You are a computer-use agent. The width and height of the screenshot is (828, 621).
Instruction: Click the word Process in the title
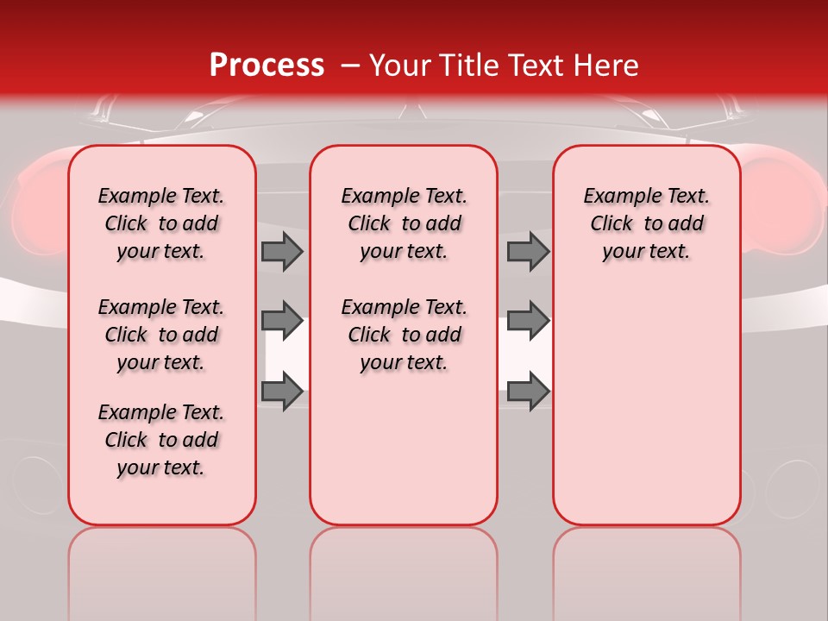(267, 66)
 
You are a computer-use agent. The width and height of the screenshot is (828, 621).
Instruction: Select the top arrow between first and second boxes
(282, 252)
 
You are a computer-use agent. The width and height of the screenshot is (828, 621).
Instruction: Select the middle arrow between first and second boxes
(282, 321)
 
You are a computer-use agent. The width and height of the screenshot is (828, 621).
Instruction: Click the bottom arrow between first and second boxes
(282, 391)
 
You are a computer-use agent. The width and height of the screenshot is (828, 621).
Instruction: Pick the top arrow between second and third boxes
(528, 252)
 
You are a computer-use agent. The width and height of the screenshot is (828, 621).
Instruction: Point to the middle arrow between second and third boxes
(528, 321)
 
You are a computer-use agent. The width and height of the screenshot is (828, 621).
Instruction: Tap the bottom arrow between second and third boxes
(528, 391)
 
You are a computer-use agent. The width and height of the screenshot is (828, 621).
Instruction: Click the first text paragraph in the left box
(161, 223)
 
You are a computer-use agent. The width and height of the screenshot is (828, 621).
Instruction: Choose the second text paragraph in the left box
(161, 335)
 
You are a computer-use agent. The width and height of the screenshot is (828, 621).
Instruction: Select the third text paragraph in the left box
(161, 440)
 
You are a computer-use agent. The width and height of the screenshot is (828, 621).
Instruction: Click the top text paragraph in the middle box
(404, 223)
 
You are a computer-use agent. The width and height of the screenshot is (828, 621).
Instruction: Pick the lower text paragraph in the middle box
(404, 335)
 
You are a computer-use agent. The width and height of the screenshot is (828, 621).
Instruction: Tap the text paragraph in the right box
(647, 223)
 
